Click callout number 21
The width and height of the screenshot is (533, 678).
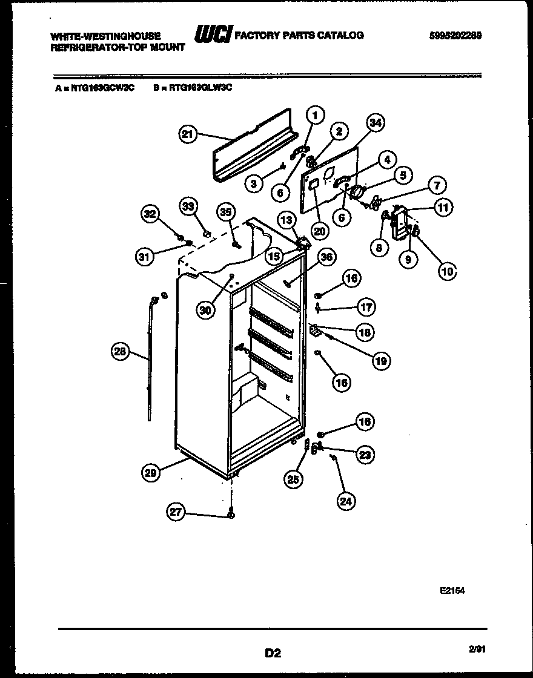click(x=188, y=134)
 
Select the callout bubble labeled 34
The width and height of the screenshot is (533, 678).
click(x=376, y=123)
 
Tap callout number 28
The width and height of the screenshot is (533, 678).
click(x=121, y=351)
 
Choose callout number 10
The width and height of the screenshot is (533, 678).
click(x=447, y=272)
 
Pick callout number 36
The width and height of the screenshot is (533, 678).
click(x=327, y=257)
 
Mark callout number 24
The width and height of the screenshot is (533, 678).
click(x=347, y=500)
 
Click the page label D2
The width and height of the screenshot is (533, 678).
click(x=273, y=653)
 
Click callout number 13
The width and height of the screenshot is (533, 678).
click(x=286, y=219)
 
